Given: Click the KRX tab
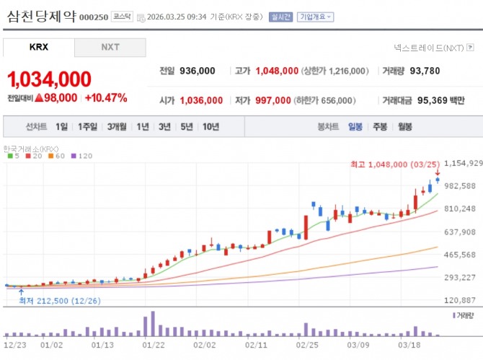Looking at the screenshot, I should click(x=39, y=48).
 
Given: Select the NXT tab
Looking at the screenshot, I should click(x=110, y=48).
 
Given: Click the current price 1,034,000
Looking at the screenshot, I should click(x=50, y=79).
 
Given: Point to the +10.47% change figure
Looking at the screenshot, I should click(x=106, y=97).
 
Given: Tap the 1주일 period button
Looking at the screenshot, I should click(x=88, y=126).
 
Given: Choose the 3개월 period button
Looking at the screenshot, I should click(x=117, y=126).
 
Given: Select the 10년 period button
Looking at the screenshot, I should click(x=211, y=126).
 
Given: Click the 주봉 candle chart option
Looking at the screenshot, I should click(x=380, y=126).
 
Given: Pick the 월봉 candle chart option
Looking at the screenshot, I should click(x=404, y=126).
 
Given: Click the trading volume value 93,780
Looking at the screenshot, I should click(x=424, y=71).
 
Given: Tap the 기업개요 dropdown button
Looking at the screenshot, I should click(x=315, y=17).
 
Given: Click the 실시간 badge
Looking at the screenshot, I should click(x=280, y=17).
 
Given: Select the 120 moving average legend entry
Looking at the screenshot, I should click(x=82, y=156).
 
